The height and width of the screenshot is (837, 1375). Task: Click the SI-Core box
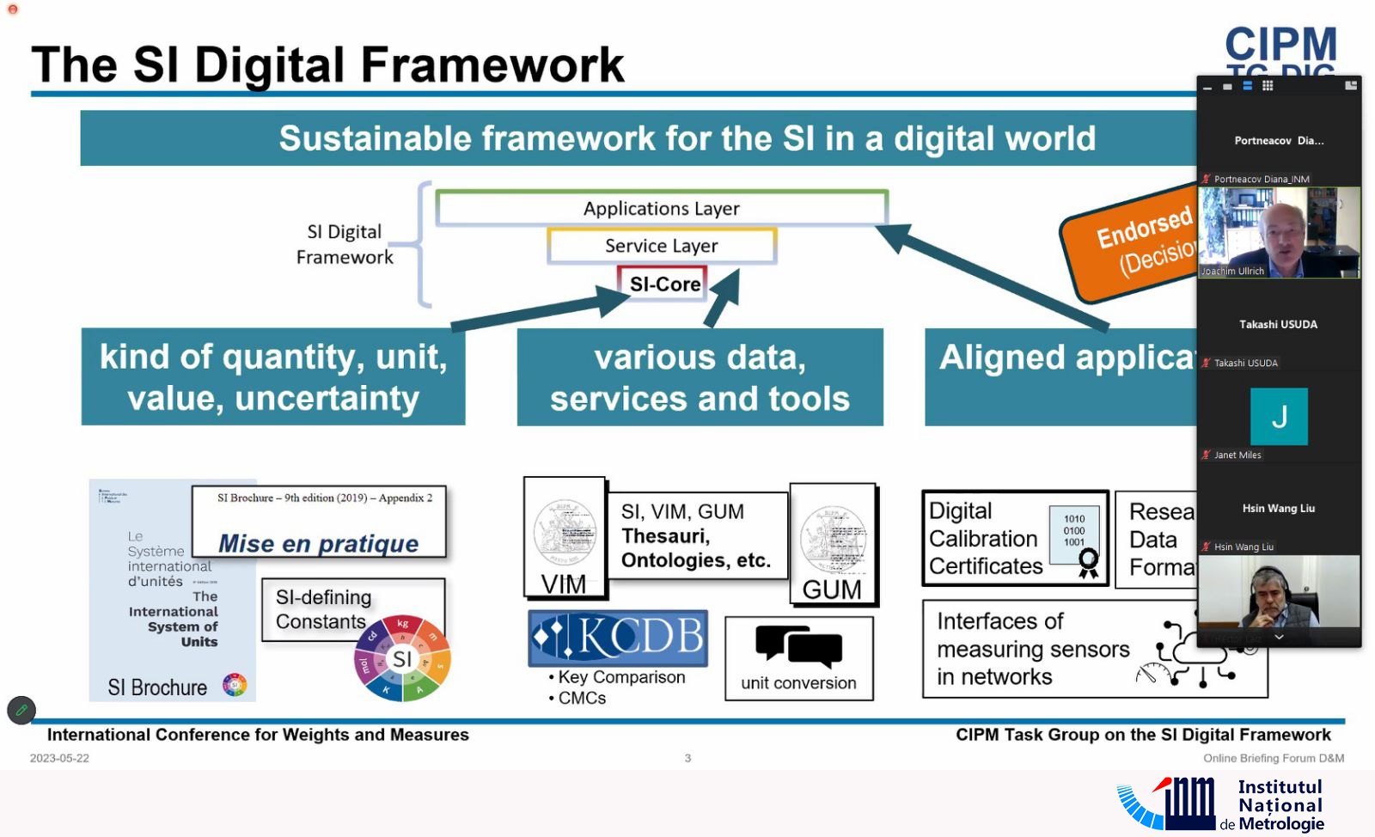click(x=663, y=284)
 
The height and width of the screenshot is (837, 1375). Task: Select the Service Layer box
click(x=661, y=246)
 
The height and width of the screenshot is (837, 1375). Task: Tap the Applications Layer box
click(x=661, y=209)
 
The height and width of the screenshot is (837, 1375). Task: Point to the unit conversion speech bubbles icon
click(x=798, y=646)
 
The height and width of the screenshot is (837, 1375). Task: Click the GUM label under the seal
click(x=832, y=590)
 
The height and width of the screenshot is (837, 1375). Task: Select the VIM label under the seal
click(x=564, y=584)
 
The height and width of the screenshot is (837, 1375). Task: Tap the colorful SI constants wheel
click(x=402, y=658)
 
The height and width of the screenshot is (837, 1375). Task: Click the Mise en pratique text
click(x=318, y=543)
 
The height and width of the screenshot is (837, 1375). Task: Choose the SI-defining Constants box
click(x=321, y=609)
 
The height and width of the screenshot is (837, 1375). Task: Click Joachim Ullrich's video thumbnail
click(x=1278, y=232)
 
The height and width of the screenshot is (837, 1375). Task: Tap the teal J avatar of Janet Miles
click(x=1279, y=417)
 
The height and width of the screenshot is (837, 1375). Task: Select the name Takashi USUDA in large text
click(x=1278, y=324)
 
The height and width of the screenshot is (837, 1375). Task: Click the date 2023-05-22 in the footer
click(x=59, y=758)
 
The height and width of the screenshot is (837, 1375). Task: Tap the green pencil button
click(x=21, y=710)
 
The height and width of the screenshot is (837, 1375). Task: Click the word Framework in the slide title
click(x=492, y=65)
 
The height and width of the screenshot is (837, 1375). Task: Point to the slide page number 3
click(x=687, y=758)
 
